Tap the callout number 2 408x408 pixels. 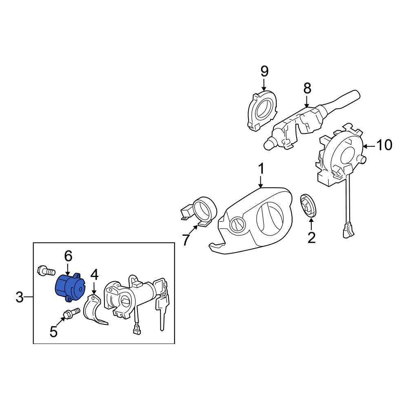[311, 237]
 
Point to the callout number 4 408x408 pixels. [94, 275]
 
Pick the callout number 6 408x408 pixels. [68, 256]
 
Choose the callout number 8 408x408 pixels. [307, 88]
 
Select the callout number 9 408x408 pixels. [264, 71]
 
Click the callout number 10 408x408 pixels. [384, 145]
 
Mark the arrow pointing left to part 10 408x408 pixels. [368, 146]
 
